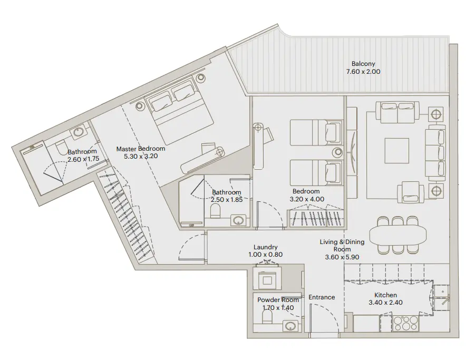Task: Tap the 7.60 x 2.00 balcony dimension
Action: [x=363, y=71]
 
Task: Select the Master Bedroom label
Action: [x=138, y=149]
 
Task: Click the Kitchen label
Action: [x=385, y=295]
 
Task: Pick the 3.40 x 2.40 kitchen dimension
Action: [x=385, y=303]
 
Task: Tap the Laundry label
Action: [x=265, y=247]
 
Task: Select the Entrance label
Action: [x=322, y=297]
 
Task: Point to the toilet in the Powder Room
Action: [x=266, y=316]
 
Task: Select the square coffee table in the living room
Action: [x=396, y=150]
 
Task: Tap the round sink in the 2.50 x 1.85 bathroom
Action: [x=239, y=220]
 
